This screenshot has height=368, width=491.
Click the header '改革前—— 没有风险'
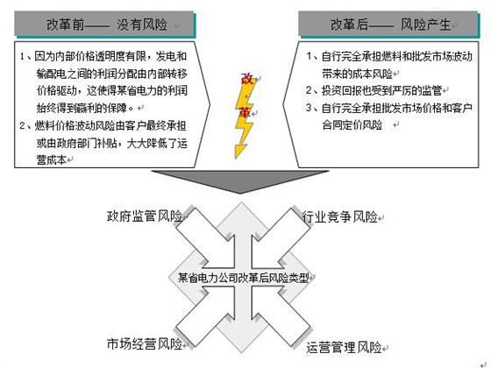coord(107,25)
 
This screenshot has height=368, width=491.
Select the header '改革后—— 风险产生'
coord(390,25)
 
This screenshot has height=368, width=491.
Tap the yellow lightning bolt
coord(245,117)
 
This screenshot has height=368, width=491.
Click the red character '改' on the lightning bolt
coord(246,79)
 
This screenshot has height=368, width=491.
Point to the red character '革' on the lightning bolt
coord(245,112)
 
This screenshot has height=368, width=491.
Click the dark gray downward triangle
coord(240,180)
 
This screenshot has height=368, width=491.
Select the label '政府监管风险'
coord(145,216)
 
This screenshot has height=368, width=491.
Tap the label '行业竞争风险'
coord(340,216)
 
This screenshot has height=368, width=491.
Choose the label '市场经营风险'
coord(145,343)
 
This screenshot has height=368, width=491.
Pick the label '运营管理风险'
coord(344,347)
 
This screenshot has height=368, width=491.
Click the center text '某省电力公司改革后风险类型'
coord(244,278)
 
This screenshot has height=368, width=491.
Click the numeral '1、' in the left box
coord(26,56)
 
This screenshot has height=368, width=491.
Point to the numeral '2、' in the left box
coord(26,126)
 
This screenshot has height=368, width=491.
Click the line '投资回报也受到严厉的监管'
coord(381,91)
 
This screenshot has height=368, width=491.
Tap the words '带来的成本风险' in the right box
coord(358,74)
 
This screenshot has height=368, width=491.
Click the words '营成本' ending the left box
coord(52,160)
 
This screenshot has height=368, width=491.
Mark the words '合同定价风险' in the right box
coord(352,124)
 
